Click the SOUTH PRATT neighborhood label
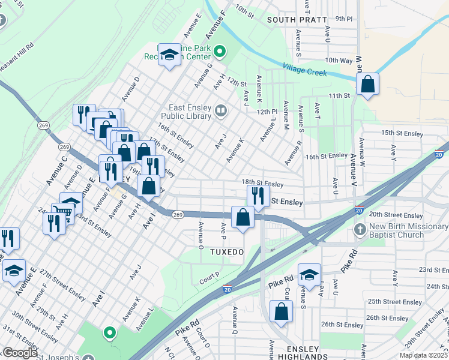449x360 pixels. tap(295, 20)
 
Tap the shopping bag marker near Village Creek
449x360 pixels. tap(367, 85)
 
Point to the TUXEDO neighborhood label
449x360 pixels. tap(227, 252)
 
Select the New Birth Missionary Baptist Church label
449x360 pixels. tap(409, 230)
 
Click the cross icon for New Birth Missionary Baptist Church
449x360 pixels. tap(360, 229)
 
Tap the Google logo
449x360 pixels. tap(19, 353)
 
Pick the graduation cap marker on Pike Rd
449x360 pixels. tap(309, 275)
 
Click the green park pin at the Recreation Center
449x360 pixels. tap(220, 52)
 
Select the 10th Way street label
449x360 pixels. tap(339, 61)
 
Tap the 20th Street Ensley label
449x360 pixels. tap(396, 215)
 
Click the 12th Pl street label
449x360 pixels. tap(267, 112)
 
